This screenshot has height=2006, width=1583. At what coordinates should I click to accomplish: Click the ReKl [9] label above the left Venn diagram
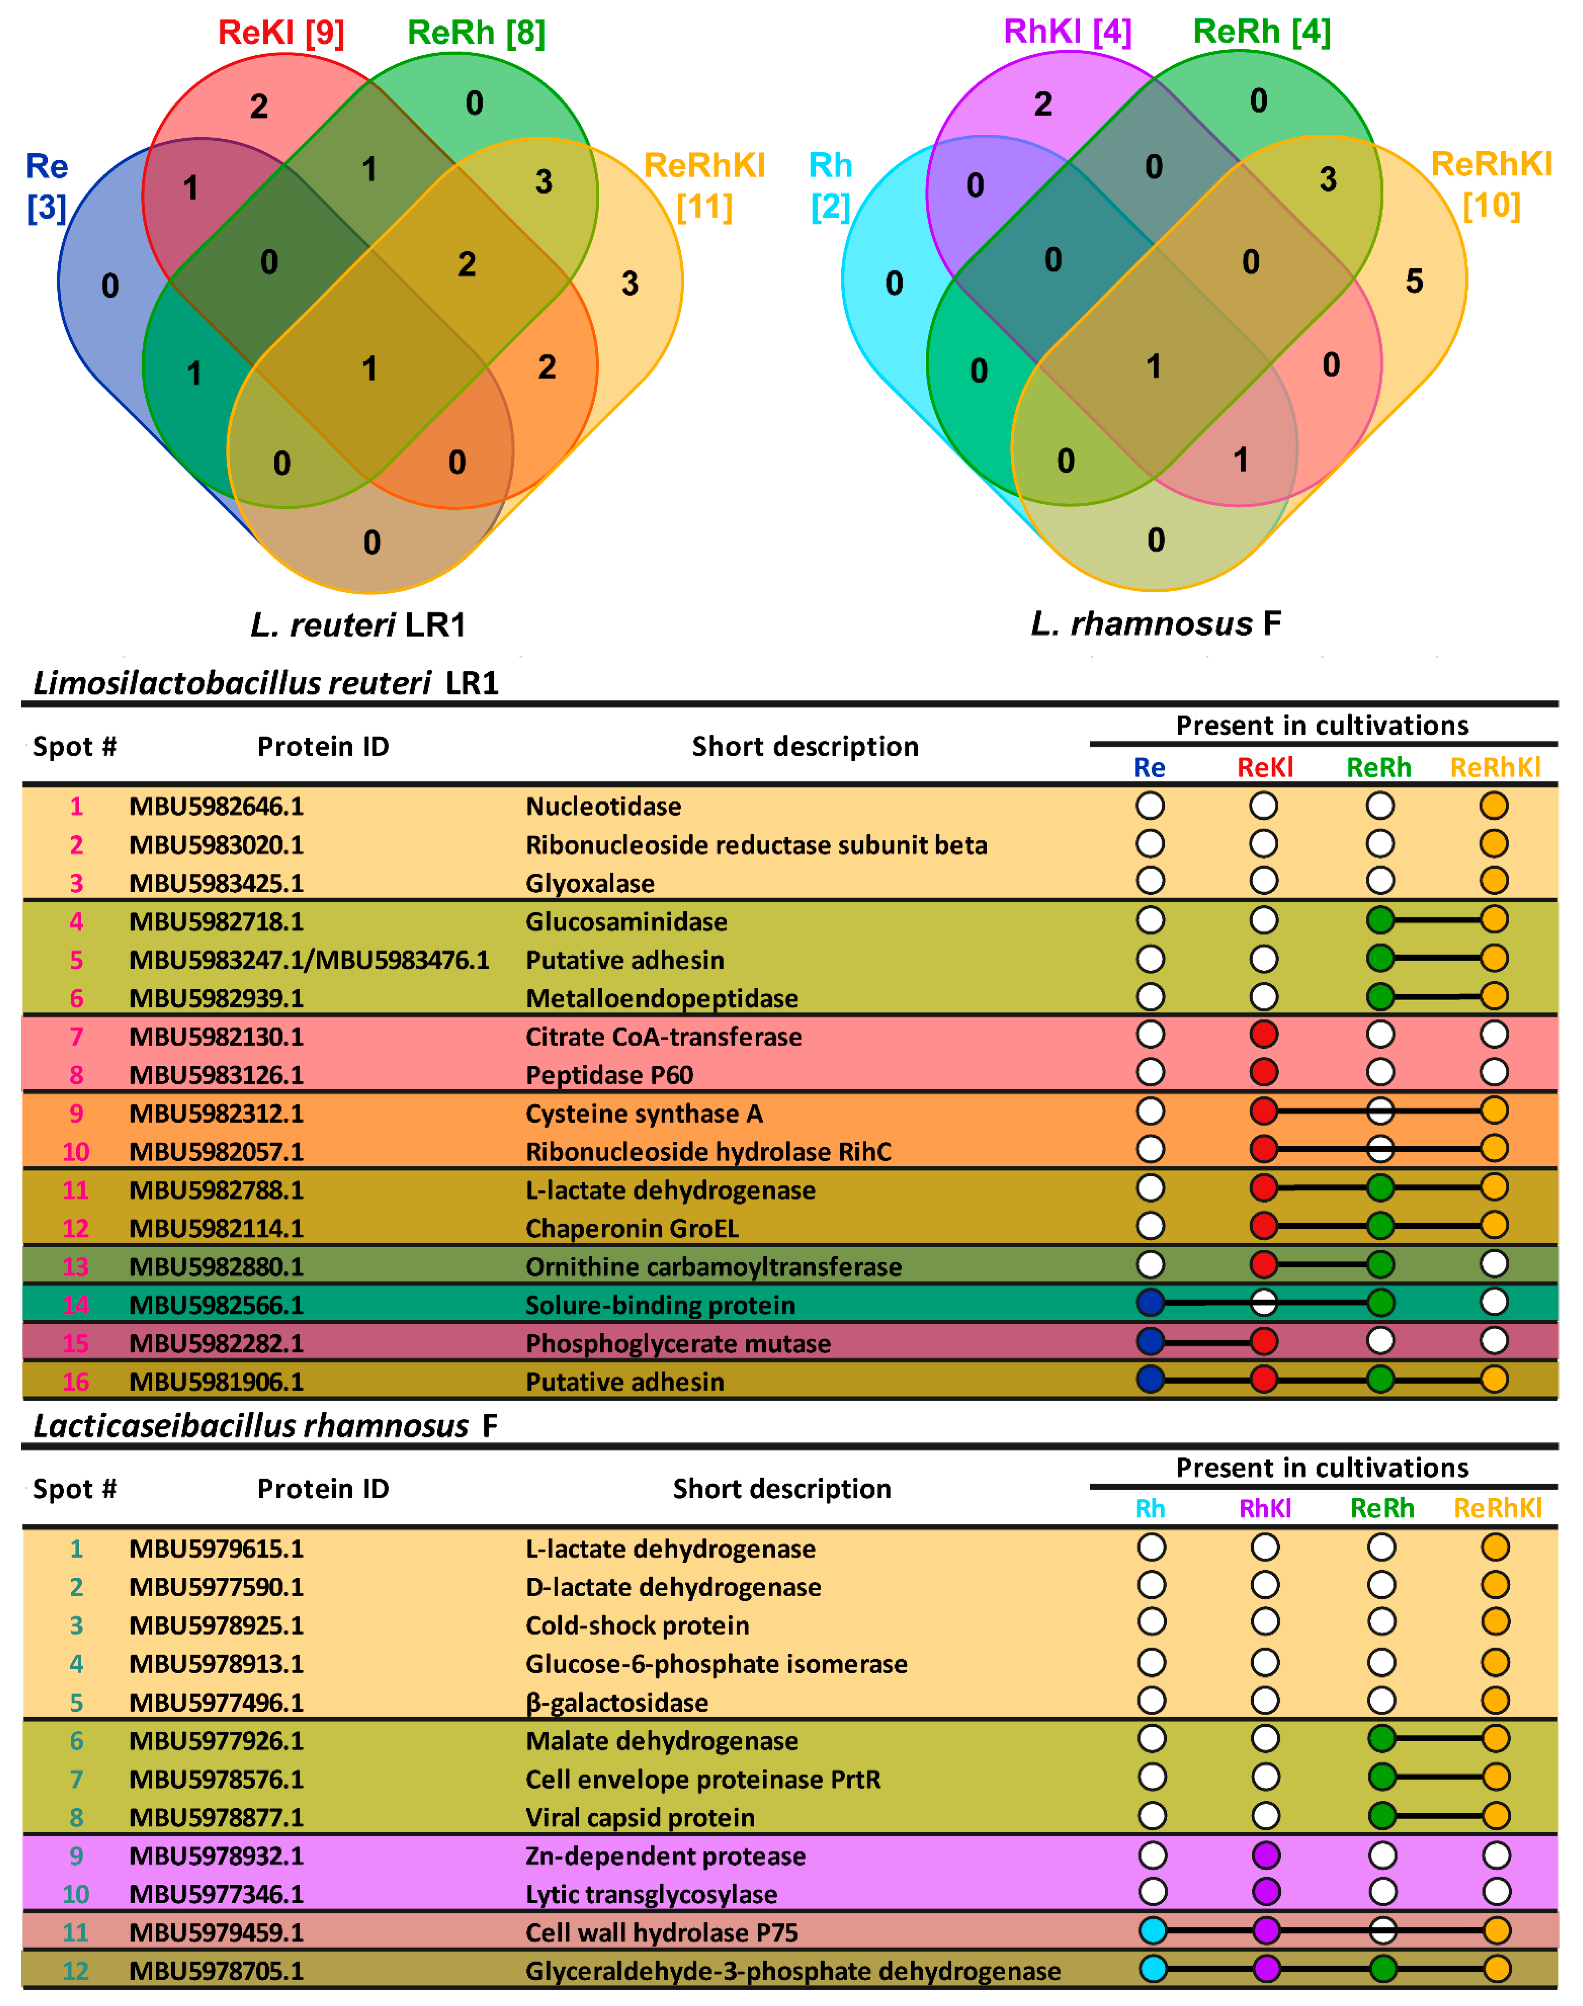(x=281, y=33)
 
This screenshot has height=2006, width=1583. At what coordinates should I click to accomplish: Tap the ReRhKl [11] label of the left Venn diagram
(x=704, y=185)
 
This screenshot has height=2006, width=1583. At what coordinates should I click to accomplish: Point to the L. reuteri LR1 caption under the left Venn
(x=358, y=625)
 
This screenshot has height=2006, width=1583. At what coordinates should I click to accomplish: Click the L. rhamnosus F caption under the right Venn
(x=1156, y=624)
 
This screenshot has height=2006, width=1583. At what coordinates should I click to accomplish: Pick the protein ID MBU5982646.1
(x=216, y=806)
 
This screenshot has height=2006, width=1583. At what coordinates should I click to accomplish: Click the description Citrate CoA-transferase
(x=663, y=1037)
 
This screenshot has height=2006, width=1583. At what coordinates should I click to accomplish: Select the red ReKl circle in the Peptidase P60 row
(x=1263, y=1072)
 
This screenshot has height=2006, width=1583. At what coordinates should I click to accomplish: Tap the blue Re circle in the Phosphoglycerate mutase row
(x=1150, y=1341)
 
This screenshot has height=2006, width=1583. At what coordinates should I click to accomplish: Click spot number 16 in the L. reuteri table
(x=76, y=1381)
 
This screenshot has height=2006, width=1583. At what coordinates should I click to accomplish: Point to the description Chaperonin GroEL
(x=632, y=1229)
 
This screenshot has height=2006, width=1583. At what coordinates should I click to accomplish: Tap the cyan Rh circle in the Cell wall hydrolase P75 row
(x=1152, y=1931)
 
